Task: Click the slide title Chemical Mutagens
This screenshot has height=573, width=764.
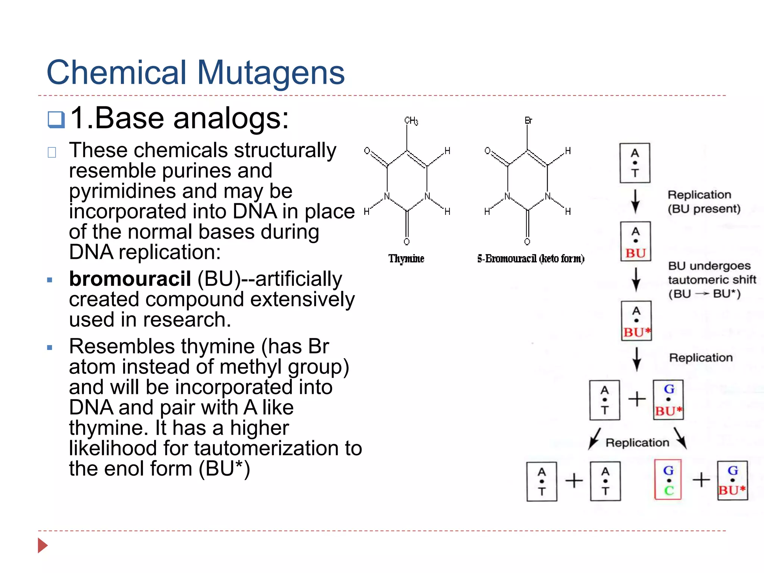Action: [195, 72]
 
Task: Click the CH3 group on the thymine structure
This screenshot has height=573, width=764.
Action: [411, 121]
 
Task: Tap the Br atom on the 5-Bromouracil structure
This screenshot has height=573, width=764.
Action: [528, 120]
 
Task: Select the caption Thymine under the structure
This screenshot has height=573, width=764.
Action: [406, 259]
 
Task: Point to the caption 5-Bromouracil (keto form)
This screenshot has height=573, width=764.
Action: [530, 259]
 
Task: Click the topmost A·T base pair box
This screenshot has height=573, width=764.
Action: [635, 163]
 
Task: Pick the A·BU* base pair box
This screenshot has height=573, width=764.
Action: [636, 321]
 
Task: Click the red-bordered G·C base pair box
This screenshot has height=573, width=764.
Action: [668, 480]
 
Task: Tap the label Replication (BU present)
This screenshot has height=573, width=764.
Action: [704, 201]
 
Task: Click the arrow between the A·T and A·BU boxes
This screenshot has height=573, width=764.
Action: [635, 201]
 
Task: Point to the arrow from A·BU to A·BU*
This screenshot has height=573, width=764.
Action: [636, 280]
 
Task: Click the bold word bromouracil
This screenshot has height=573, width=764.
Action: [130, 279]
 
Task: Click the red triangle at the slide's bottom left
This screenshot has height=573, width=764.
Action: [43, 545]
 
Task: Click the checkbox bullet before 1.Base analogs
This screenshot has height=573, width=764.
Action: [56, 120]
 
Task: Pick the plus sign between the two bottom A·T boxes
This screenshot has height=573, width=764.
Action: [574, 480]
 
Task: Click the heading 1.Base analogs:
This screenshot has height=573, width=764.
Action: [179, 118]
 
